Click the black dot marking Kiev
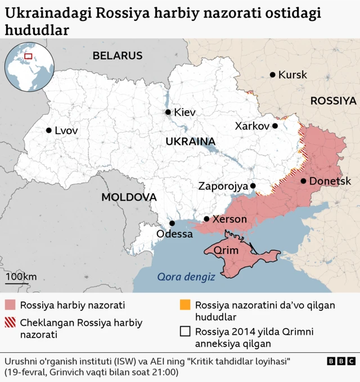point(168,112)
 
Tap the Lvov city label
point(66,130)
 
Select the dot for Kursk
point(273,75)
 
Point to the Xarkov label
point(252,126)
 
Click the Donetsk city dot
point(304,181)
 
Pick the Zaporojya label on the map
point(223,186)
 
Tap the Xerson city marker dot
point(206,219)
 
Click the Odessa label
point(174,234)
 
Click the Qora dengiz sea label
point(186,276)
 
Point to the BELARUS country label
point(118,56)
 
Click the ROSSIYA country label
point(333,101)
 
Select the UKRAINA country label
point(191,142)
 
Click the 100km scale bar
point(21,279)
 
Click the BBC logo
point(341,361)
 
